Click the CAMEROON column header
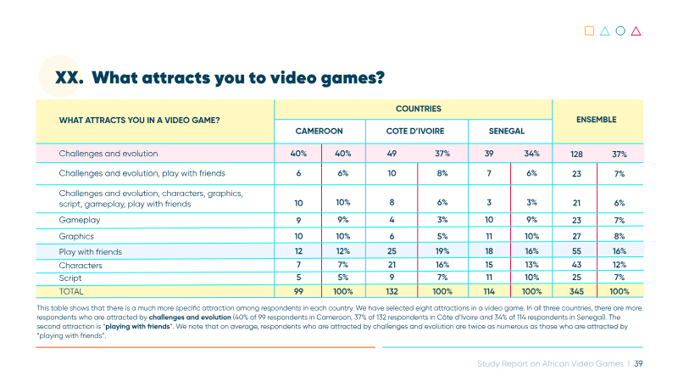tap(320, 131)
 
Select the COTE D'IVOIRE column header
tap(415, 131)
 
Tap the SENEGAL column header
tap(506, 131)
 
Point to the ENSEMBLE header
tap(597, 120)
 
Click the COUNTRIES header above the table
tap(419, 109)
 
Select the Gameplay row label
tap(80, 220)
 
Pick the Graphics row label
tap(76, 236)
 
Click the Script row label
tap(70, 278)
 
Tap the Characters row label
tap(81, 266)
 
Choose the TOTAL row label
tap(71, 291)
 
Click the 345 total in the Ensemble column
tap(576, 291)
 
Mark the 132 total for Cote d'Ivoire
tap(392, 291)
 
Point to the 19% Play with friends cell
tap(442, 251)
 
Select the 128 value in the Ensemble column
tap(576, 154)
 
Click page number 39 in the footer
tap(638, 364)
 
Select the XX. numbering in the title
tap(69, 78)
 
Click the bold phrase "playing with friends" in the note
tap(138, 327)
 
